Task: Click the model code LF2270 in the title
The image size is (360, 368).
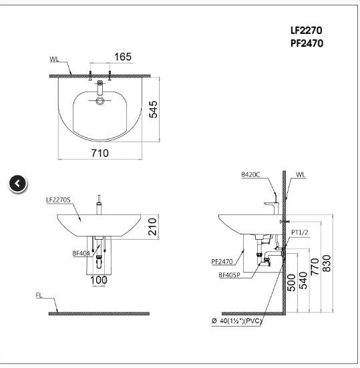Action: tap(307, 31)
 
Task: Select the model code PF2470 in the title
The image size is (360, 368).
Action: tap(307, 44)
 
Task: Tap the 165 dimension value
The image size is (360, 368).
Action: tap(122, 57)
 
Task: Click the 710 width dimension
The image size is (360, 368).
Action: tap(99, 154)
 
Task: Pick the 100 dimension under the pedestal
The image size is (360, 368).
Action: tap(99, 280)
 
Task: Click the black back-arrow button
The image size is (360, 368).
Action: tap(18, 183)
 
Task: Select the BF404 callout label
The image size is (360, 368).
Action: tap(81, 253)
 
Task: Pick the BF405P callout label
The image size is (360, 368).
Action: tap(230, 274)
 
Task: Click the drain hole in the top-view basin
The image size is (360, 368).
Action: tap(100, 102)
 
